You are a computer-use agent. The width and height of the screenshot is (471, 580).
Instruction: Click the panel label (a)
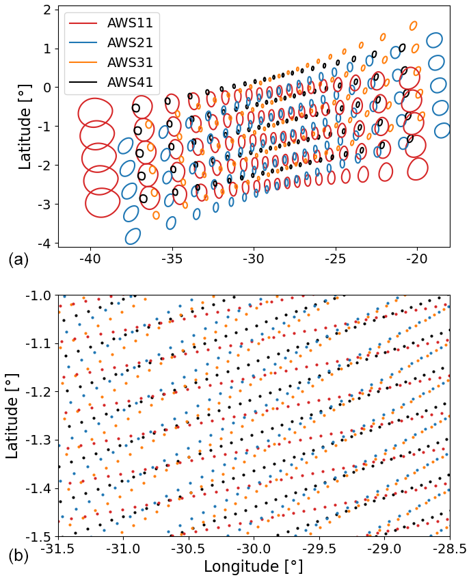(18, 259)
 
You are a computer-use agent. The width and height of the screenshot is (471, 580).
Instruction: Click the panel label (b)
(18, 556)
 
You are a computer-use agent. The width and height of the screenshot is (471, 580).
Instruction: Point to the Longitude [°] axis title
(253, 567)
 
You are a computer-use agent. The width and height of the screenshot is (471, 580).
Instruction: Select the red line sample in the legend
(84, 23)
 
